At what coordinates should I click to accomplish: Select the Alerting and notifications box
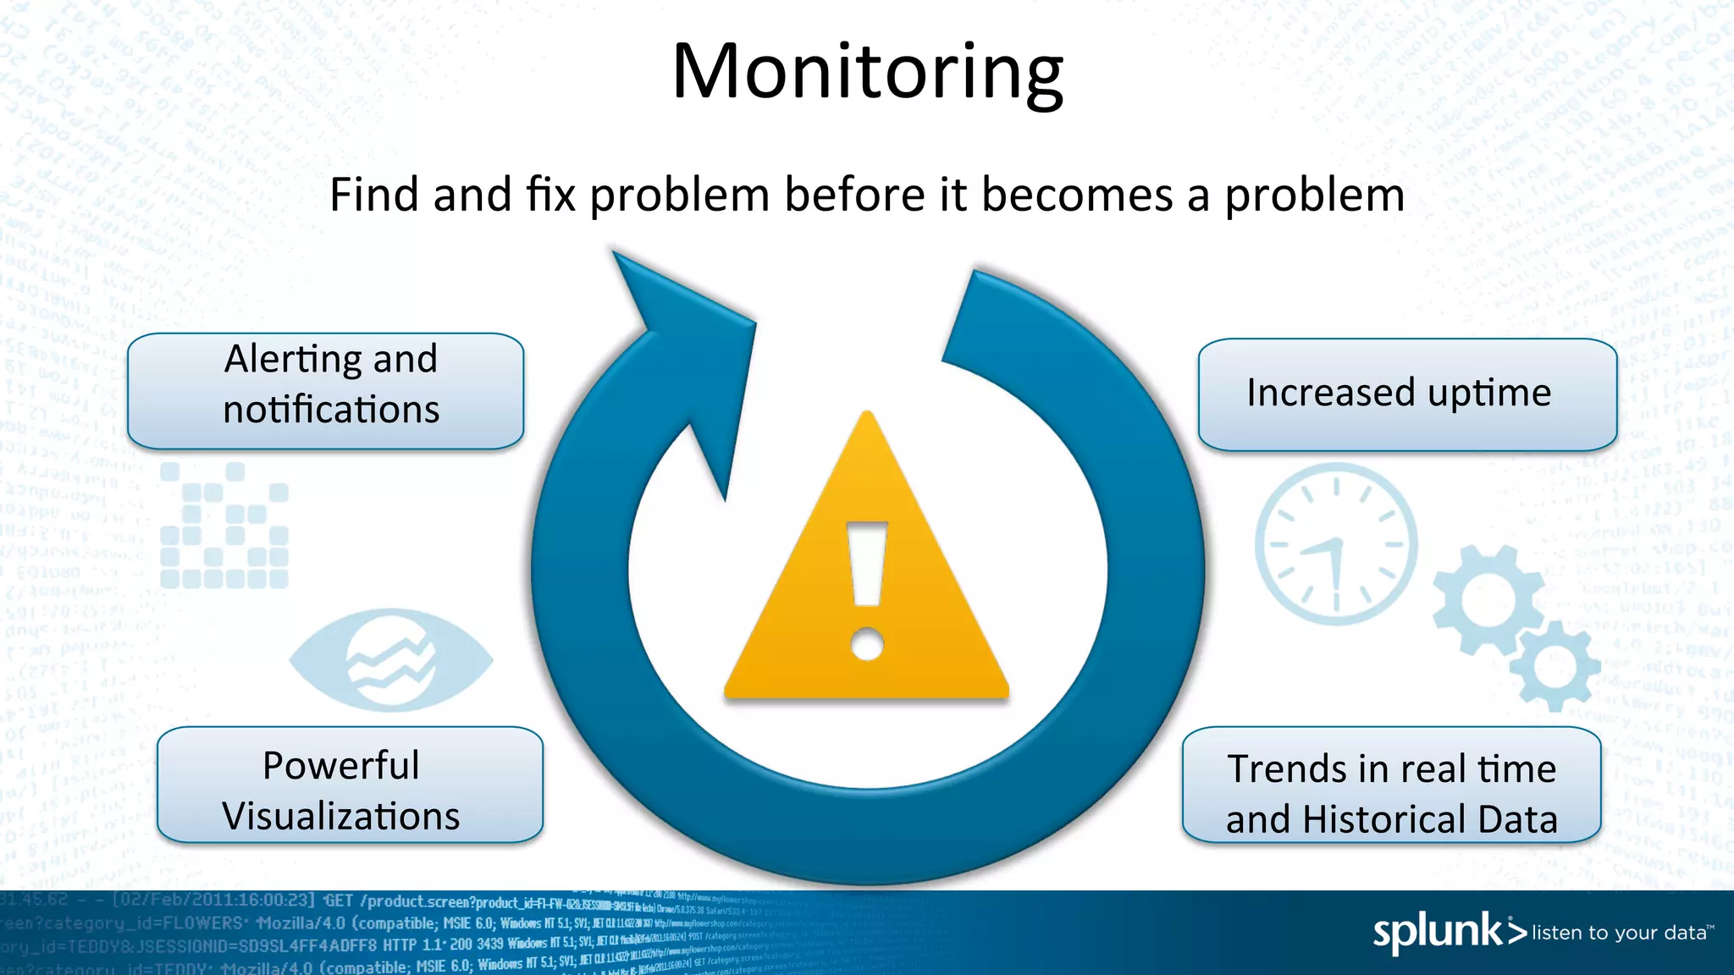[326, 390]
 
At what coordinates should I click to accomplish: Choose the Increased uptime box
[1407, 394]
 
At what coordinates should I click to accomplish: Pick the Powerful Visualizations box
[350, 785]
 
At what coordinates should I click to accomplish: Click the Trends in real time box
[1391, 785]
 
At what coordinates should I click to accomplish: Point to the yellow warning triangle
[867, 592]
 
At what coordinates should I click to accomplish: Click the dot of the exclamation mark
[867, 643]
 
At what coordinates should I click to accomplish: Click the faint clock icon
[1336, 544]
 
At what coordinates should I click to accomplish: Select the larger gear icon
[1488, 599]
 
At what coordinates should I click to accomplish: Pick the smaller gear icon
[1554, 666]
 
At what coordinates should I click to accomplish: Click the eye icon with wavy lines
[391, 660]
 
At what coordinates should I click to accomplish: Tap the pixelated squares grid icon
[224, 526]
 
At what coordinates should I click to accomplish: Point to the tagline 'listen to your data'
[1619, 933]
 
